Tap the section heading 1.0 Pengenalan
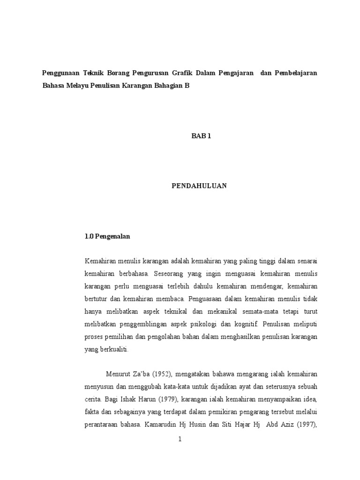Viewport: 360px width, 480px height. coord(107,237)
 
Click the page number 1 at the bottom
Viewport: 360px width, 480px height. coord(180,439)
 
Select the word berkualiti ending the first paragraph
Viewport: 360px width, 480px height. coord(116,349)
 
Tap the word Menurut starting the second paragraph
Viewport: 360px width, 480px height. coord(120,375)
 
